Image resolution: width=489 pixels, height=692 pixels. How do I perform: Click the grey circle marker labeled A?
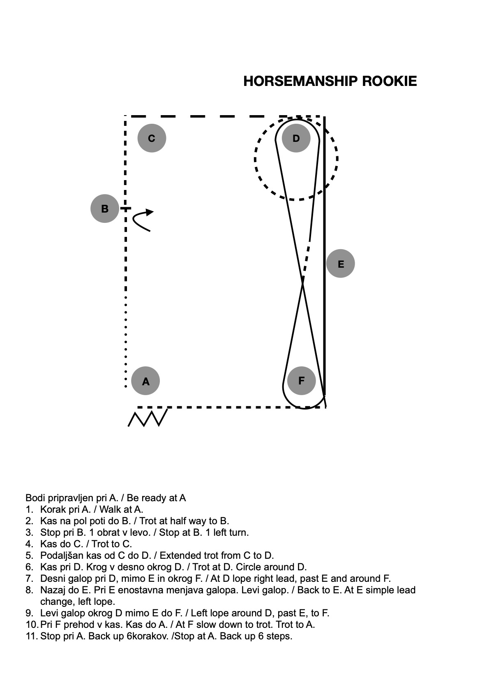145,381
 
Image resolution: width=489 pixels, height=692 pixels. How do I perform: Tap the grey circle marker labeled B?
105,208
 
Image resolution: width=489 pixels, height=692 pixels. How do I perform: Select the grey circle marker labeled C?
152,138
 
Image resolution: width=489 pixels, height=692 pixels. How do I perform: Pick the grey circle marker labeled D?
296,138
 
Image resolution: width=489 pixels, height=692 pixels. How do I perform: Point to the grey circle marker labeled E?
341,264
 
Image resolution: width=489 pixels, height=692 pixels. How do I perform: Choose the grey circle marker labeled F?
301,381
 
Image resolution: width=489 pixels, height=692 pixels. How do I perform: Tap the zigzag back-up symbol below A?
148,418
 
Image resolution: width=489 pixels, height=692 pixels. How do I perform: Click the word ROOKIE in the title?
389,81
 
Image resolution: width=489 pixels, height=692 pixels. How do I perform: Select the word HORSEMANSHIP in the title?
301,81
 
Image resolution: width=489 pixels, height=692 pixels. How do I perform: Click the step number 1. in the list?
29,509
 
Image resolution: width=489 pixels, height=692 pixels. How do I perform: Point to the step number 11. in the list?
32,636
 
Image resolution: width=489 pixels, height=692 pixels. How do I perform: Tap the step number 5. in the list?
29,555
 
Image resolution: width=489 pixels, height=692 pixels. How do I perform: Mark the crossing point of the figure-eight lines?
302,282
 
